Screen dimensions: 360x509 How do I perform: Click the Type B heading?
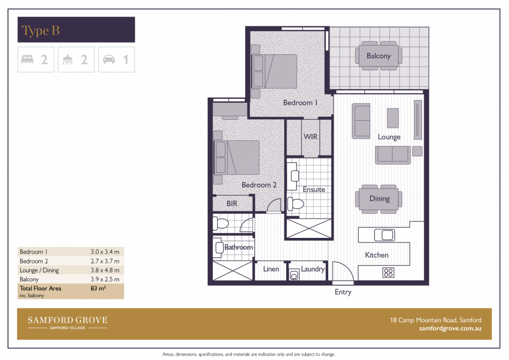coord(41,31)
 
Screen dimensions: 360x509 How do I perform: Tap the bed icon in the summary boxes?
coord(27,60)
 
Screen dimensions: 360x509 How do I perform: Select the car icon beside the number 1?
coord(109,60)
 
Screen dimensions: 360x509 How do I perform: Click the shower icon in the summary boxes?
coord(68,60)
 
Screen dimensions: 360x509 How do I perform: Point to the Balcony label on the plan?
coord(379,56)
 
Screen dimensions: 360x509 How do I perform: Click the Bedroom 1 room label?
coord(300,103)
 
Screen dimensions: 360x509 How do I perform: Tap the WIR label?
coord(310,136)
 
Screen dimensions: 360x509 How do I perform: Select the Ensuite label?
coord(314,189)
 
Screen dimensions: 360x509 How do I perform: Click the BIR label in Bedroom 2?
coord(232,203)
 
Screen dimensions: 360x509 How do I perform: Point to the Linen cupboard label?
coord(271,269)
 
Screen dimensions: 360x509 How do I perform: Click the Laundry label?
coord(313,269)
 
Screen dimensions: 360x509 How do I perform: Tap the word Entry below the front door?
coord(343,292)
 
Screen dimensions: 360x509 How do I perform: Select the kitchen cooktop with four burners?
coord(388,272)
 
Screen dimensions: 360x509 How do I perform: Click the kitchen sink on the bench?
coord(383,234)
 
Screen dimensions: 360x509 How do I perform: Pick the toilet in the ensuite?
coord(297,203)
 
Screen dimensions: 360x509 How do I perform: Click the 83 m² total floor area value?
coord(99,288)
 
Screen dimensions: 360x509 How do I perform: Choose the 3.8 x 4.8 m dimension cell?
coord(105,270)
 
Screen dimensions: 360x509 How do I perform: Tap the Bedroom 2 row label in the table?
coord(34,261)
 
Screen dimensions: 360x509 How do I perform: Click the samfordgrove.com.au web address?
coord(450,328)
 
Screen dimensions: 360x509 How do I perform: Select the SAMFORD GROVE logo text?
coord(67,320)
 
